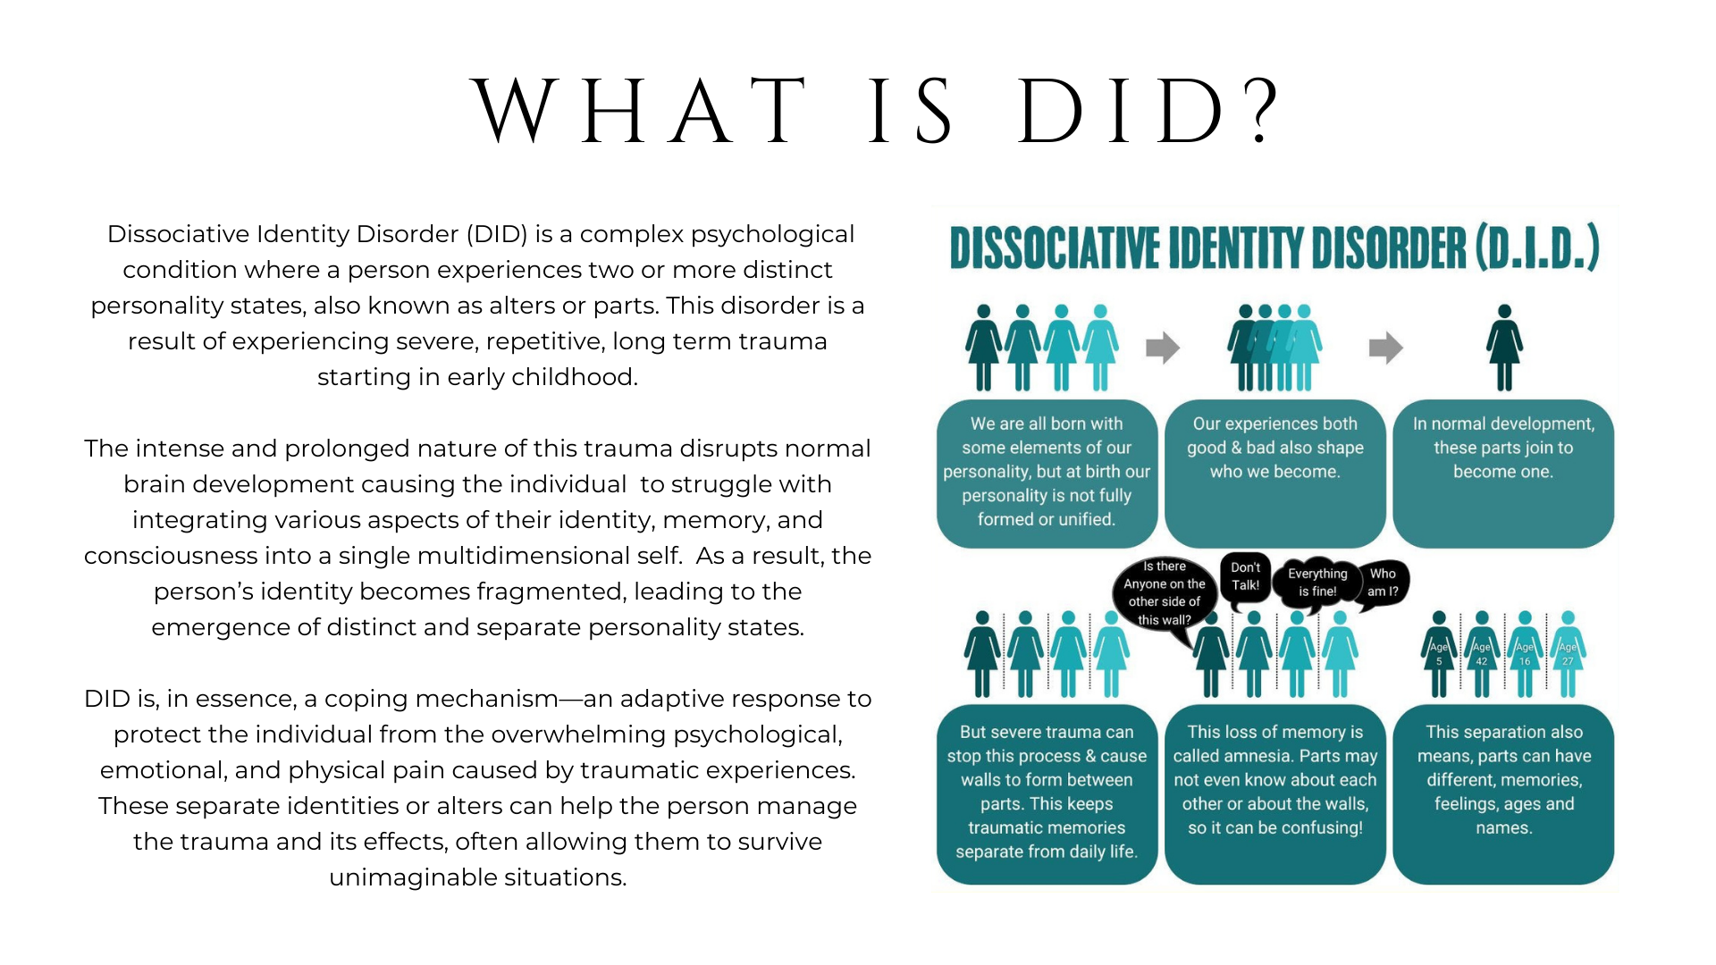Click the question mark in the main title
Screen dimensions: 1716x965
click(1262, 112)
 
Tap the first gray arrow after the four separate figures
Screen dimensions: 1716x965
click(1163, 348)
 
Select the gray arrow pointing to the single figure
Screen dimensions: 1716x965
click(1385, 348)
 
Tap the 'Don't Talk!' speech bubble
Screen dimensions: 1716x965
click(1245, 577)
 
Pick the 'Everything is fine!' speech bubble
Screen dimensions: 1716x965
click(1317, 583)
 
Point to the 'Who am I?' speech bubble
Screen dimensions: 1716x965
click(1382, 583)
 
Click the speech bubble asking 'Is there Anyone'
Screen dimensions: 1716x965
click(1164, 592)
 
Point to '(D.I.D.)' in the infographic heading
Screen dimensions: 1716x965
click(1537, 248)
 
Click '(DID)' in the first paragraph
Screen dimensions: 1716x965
click(497, 234)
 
